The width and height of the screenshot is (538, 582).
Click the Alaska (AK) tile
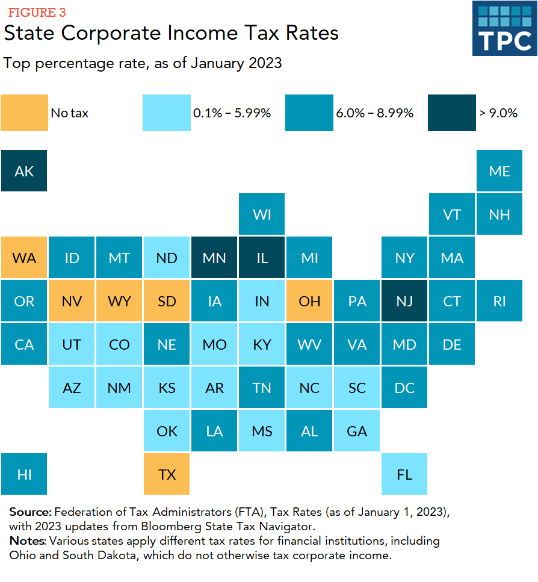(24, 172)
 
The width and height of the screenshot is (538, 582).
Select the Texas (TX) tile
(167, 474)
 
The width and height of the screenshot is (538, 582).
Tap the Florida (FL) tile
(404, 474)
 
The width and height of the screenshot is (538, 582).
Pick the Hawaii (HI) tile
(24, 474)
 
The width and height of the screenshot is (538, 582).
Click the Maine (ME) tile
(499, 172)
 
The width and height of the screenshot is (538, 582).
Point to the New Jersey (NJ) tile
(404, 301)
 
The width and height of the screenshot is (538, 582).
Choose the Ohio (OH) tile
(309, 301)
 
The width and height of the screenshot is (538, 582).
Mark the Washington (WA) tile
(24, 258)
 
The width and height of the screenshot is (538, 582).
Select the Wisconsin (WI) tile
(262, 215)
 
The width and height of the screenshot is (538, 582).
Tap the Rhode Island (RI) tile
(499, 301)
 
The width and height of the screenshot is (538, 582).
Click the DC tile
(404, 388)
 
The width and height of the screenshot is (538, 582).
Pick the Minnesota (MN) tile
(214, 258)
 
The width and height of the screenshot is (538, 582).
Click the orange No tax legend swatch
(24, 113)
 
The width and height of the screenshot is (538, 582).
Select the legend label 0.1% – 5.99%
(232, 113)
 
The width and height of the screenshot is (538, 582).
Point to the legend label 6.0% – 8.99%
(374, 113)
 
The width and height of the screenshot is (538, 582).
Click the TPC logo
(504, 28)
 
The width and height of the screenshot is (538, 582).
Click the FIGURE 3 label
(37, 13)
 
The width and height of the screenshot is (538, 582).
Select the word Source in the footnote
(30, 512)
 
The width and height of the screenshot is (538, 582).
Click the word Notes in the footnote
(27, 541)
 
